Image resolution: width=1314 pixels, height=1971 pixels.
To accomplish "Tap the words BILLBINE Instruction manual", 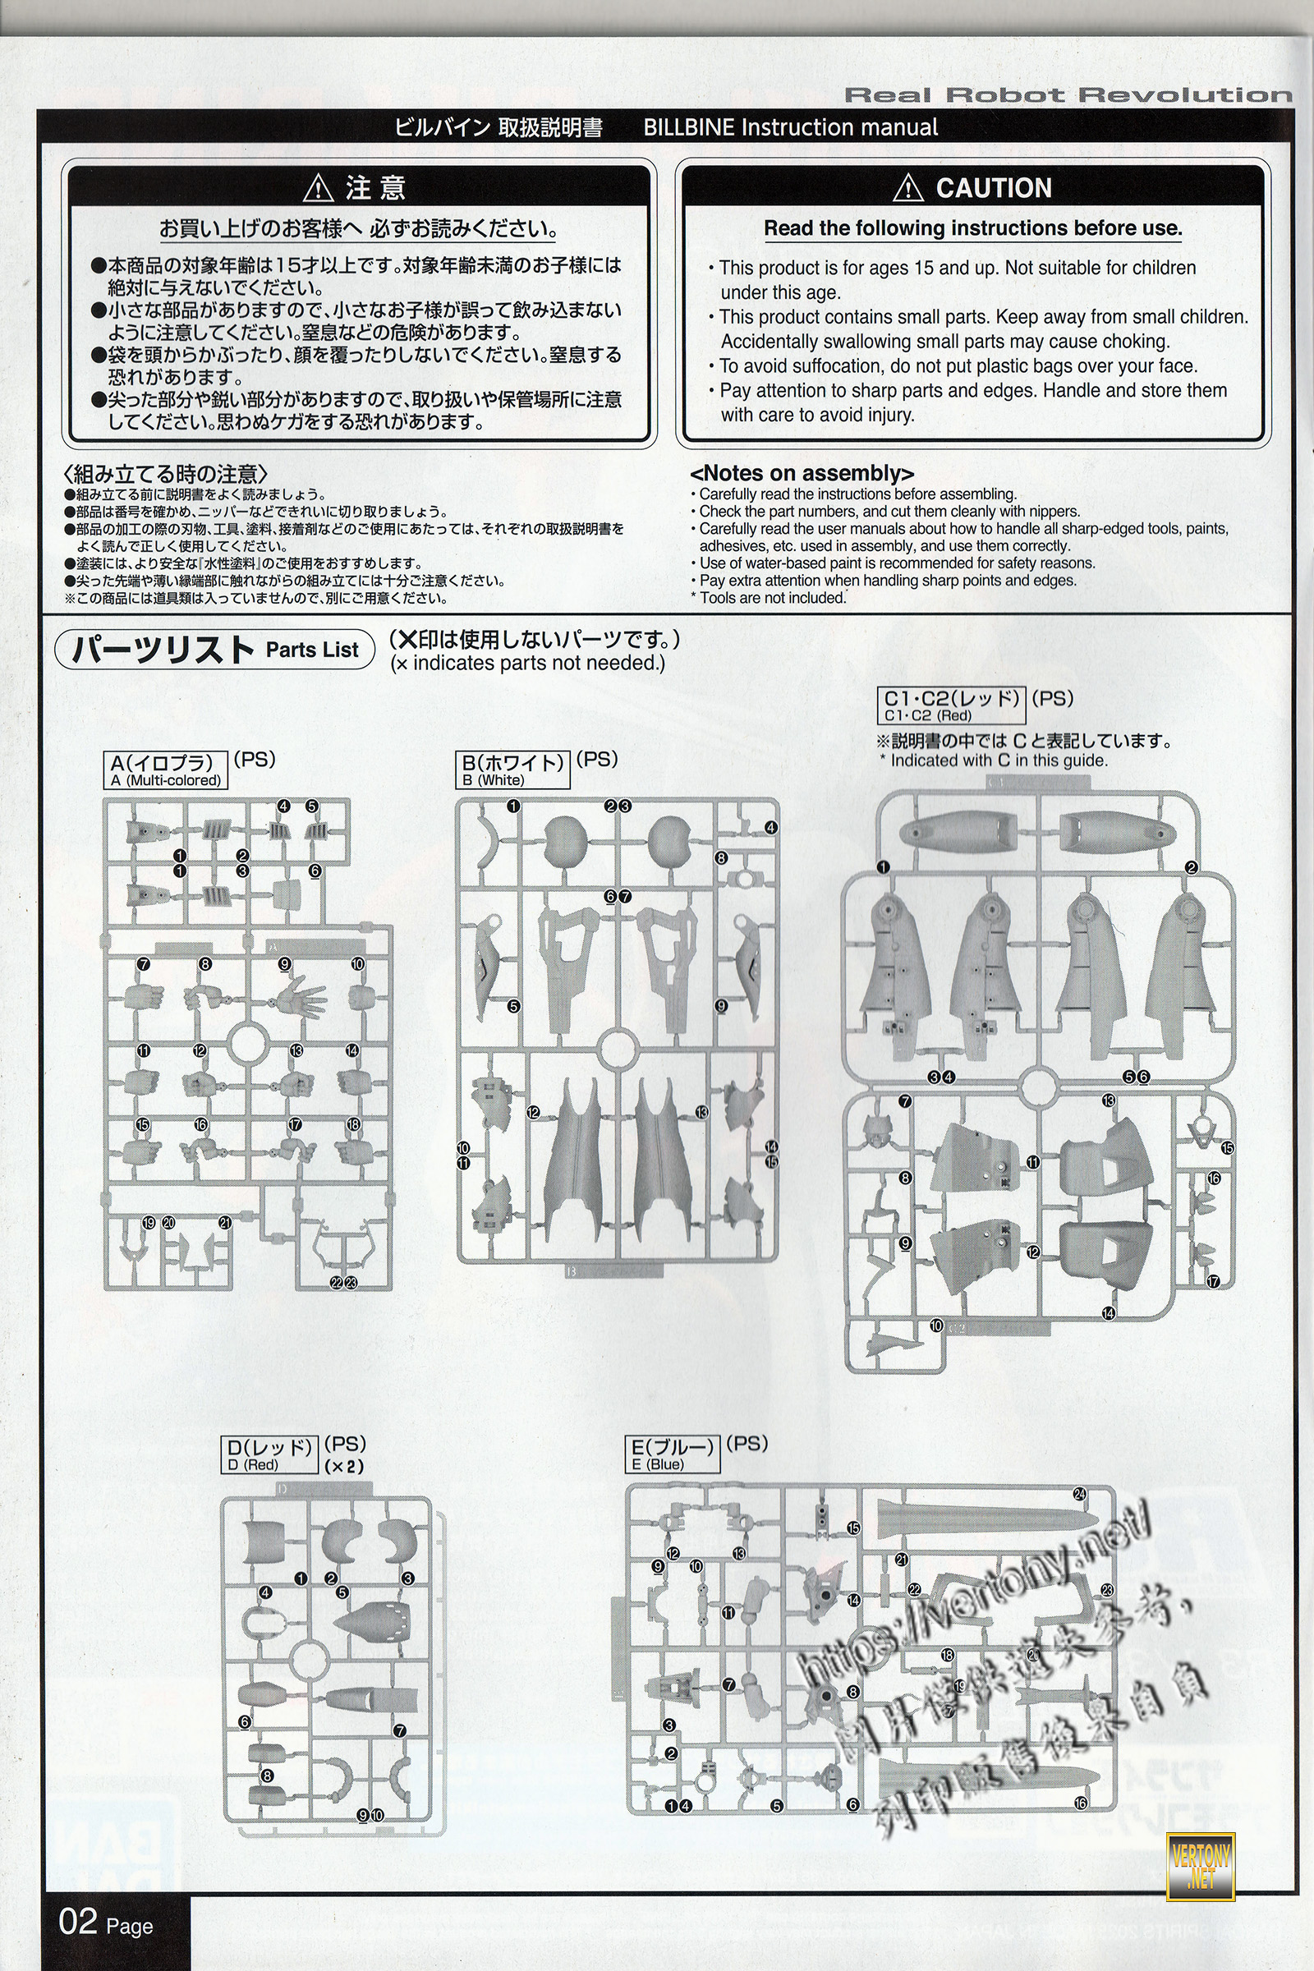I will point(790,127).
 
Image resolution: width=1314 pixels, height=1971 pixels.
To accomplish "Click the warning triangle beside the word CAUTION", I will point(908,189).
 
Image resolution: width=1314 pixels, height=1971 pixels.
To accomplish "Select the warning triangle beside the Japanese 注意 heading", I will point(319,189).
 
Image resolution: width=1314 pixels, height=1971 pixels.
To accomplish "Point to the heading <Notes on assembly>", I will point(802,474).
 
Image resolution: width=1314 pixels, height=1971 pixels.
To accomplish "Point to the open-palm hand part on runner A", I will point(298,1001).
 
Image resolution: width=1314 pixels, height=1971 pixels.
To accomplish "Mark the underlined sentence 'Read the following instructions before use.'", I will point(972,229).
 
